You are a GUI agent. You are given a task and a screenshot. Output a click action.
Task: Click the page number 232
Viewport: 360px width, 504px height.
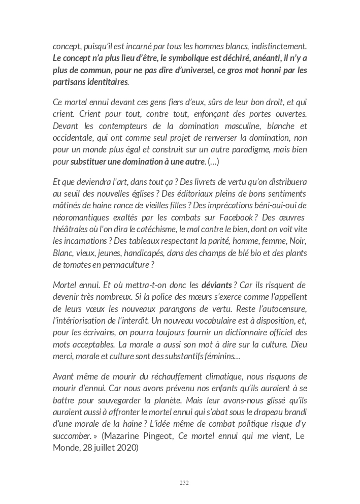click(184, 482)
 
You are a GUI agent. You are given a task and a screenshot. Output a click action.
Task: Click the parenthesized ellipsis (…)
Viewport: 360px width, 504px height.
click(214, 162)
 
